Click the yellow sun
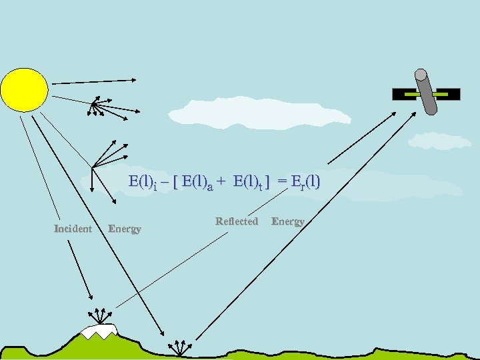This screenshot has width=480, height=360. coord(24,89)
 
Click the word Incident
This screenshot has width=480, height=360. coord(73,229)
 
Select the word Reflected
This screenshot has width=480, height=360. coord(237,221)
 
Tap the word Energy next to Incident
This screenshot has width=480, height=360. coord(125,229)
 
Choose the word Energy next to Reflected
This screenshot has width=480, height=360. coord(288,221)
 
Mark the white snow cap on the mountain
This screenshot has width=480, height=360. coord(99,329)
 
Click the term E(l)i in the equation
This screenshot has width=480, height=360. coord(143,181)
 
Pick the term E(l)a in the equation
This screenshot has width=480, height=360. coord(197,181)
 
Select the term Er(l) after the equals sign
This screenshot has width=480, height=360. coord(303,181)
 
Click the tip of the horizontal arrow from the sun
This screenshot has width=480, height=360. coord(135,81)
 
